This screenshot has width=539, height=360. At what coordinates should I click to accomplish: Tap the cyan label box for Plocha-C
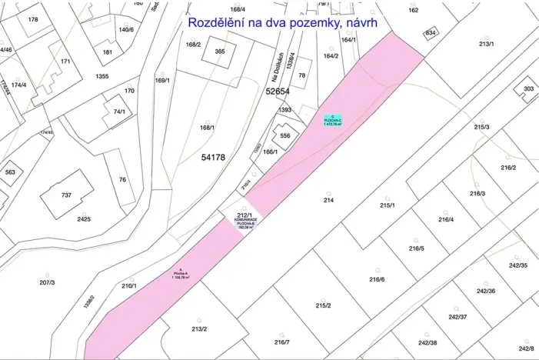click(332, 120)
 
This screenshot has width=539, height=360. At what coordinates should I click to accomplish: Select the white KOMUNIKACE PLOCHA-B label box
click(246, 222)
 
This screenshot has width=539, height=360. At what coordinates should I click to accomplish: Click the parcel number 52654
click(278, 91)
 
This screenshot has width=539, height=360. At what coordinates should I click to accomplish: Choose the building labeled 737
click(67, 195)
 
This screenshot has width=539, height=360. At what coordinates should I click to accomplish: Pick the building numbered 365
click(220, 52)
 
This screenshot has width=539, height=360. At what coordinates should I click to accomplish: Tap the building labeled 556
click(285, 135)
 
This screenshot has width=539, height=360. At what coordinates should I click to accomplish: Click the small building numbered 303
click(528, 89)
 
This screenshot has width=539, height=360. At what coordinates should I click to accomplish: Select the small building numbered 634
click(430, 33)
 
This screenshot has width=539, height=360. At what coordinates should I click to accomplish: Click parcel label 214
click(328, 200)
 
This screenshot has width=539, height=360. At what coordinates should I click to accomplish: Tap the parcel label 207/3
click(46, 283)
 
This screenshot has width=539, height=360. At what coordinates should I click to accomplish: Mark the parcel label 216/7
click(282, 342)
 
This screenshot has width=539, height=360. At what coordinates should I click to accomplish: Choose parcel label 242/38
click(428, 342)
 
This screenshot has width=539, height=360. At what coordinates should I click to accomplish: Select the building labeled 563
click(10, 172)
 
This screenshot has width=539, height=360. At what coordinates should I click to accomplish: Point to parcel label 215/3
click(481, 127)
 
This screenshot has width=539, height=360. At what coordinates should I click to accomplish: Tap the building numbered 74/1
click(119, 112)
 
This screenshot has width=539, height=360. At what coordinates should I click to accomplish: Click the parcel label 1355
click(102, 76)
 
